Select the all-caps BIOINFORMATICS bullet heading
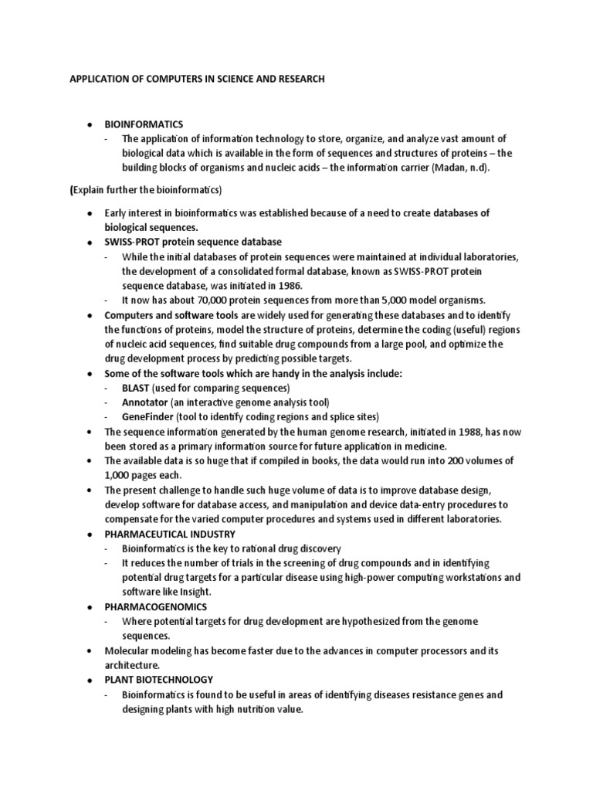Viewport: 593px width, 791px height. [x=141, y=124]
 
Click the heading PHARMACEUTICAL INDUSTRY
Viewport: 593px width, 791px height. [x=170, y=534]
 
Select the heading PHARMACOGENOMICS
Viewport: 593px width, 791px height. [x=155, y=606]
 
